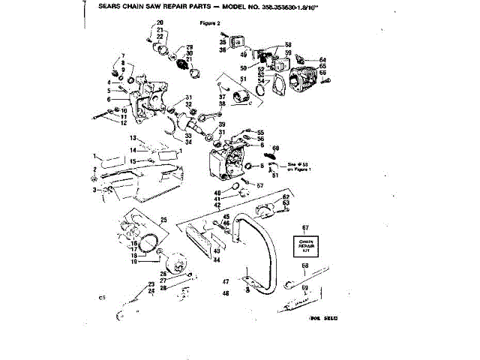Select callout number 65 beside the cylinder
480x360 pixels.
(322, 66)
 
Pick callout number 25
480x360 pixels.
(163, 220)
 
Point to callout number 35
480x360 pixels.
(223, 43)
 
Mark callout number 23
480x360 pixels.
(151, 284)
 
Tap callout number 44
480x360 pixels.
(216, 259)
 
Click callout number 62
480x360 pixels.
(286, 196)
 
